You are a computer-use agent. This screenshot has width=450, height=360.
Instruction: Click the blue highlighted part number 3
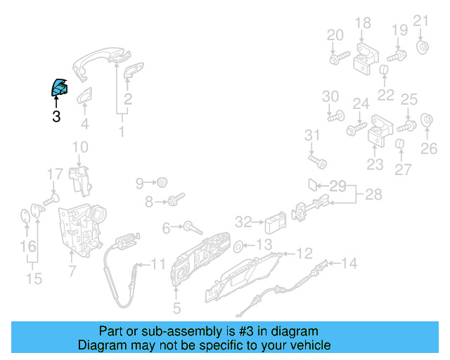coord(58,88)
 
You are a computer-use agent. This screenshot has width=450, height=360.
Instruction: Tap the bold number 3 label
coord(56,117)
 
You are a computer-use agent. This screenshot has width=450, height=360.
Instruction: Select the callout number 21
coord(420,20)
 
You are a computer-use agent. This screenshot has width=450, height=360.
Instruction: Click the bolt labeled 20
coord(339,58)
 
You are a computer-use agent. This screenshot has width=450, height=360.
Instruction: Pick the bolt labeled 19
coord(396,55)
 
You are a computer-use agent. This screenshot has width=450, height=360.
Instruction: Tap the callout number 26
coord(429,148)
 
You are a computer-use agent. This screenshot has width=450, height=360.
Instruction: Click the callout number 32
coord(243,222)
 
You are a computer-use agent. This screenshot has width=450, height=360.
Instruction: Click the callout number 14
coord(349,264)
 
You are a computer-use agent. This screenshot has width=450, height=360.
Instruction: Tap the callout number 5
coord(176,308)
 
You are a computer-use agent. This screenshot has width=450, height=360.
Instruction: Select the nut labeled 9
coord(162,183)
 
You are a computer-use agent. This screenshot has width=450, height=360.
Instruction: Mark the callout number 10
coord(80,147)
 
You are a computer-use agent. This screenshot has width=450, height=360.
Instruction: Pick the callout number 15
coord(34,280)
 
